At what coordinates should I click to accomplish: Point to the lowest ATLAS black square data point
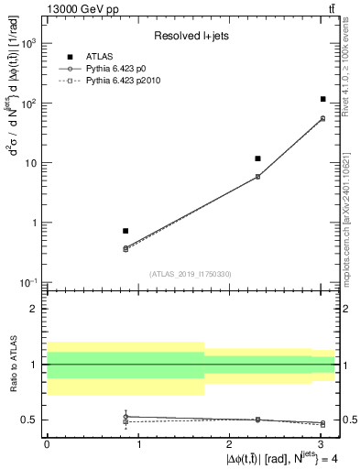tap(125, 231)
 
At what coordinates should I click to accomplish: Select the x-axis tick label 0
tap(47, 443)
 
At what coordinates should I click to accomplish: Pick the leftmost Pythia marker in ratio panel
tap(125, 417)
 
